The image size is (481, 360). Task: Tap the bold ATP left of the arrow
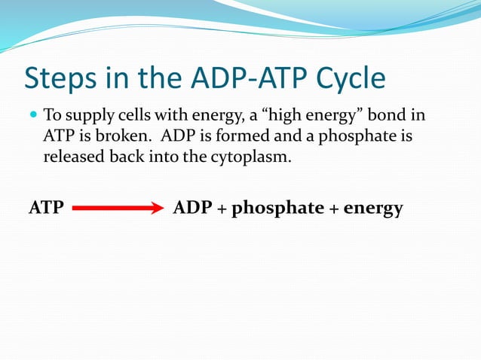click(46, 209)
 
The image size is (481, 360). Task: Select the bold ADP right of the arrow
click(193, 209)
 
